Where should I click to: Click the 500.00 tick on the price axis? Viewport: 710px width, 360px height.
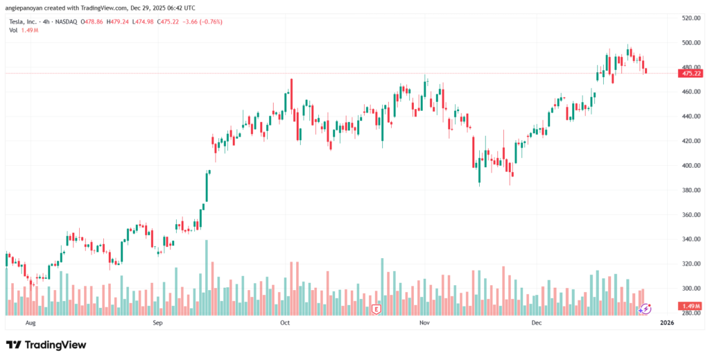click(689, 42)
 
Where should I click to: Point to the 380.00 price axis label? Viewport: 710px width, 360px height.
click(689, 190)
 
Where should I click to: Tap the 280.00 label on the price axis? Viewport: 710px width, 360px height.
click(689, 314)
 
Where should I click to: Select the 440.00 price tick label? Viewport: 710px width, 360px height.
click(689, 117)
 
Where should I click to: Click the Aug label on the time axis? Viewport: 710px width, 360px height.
click(29, 323)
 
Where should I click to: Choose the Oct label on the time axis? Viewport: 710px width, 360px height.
click(285, 323)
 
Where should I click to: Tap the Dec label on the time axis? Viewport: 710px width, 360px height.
click(536, 323)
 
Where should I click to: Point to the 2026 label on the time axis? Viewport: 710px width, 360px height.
click(666, 323)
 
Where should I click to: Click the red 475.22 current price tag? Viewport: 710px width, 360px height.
click(691, 73)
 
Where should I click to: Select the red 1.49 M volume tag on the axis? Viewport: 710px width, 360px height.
click(691, 306)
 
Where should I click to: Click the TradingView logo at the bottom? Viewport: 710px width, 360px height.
click(47, 345)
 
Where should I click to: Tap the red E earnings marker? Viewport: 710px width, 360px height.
click(376, 308)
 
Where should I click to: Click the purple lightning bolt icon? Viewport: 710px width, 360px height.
click(645, 309)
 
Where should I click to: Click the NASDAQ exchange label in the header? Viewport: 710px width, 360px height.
click(67, 22)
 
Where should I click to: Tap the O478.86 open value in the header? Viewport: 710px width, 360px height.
click(92, 22)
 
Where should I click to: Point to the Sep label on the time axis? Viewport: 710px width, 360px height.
click(157, 323)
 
